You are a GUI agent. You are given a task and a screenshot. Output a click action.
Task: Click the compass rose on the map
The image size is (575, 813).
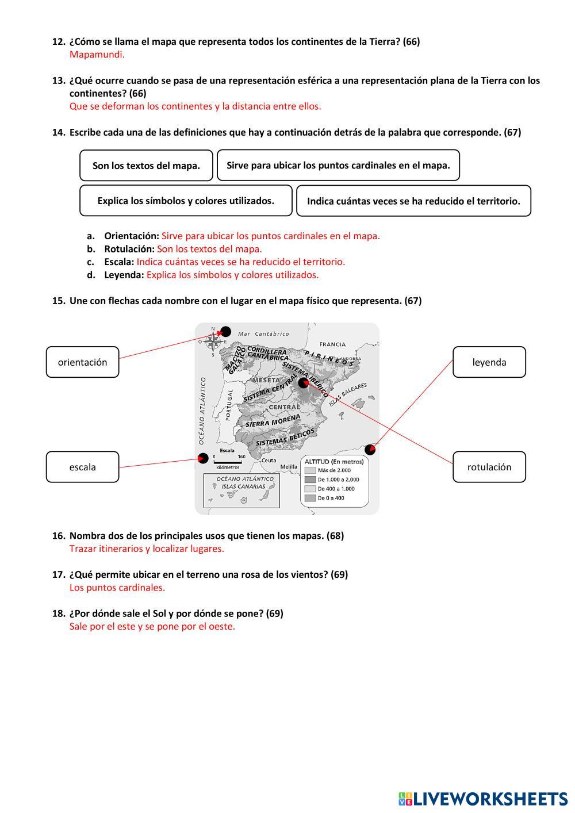click(213, 342)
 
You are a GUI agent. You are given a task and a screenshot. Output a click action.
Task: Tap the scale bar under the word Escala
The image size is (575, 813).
click(227, 461)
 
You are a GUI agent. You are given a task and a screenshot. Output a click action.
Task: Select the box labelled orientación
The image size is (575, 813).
click(82, 362)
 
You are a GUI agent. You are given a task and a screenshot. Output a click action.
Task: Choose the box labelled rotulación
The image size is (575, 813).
click(489, 467)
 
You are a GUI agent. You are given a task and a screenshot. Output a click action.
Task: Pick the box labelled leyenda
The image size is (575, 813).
click(489, 362)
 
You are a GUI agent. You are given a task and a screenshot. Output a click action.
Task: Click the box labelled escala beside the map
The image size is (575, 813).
click(82, 467)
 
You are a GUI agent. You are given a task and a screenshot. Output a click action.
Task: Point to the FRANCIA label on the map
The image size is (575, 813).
click(333, 344)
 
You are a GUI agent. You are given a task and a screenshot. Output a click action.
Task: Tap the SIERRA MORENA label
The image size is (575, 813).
click(273, 421)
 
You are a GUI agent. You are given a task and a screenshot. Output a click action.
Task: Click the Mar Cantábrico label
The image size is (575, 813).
click(263, 333)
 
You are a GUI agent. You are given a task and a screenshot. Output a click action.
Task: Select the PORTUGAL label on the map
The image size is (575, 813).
click(229, 405)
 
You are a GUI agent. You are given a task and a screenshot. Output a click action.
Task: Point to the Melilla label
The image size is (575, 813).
click(289, 467)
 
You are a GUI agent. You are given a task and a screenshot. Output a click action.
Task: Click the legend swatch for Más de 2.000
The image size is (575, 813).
click(310, 470)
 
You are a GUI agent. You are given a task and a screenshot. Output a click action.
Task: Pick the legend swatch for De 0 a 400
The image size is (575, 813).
click(310, 498)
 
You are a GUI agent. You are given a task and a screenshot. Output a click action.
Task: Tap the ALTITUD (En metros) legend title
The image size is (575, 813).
click(334, 461)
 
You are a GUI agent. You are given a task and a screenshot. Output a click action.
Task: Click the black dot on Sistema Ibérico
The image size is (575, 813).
click(304, 383)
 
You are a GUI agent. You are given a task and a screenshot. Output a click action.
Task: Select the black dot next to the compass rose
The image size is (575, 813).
click(226, 331)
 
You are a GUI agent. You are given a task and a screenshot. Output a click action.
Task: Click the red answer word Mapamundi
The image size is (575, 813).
click(97, 55)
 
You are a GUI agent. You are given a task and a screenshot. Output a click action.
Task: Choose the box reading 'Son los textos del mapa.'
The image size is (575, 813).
click(146, 166)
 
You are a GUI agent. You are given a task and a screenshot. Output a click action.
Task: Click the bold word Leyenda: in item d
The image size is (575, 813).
click(124, 275)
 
